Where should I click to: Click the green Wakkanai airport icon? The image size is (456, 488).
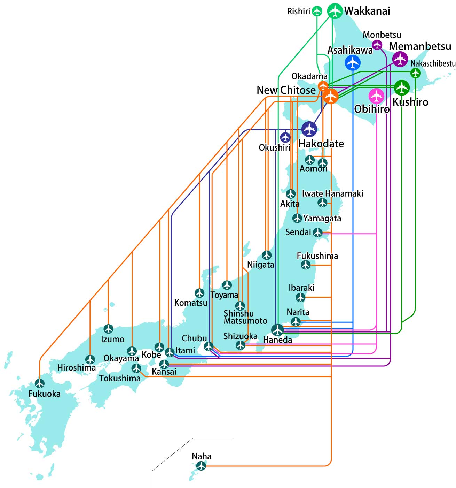click(335, 11)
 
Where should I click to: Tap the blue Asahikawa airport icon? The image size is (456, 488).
click(352, 62)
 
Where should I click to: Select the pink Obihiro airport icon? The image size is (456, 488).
click(376, 96)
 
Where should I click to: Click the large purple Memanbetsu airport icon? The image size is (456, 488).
click(400, 59)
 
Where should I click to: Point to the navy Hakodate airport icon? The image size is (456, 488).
click(309, 129)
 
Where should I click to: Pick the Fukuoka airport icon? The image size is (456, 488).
click(40, 383)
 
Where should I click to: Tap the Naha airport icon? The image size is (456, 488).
click(201, 466)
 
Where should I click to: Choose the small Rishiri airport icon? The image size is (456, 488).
click(317, 11)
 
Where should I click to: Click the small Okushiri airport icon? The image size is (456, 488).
click(285, 137)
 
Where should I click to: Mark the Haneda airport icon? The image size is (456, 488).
click(277, 330)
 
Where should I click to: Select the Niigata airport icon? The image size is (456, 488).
click(267, 255)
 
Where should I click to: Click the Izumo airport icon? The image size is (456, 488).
click(108, 329)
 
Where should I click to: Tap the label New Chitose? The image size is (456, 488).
click(286, 90)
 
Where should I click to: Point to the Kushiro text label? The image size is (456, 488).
click(410, 102)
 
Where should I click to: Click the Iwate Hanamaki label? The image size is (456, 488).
click(332, 193)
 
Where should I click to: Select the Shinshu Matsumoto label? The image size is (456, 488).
click(245, 317)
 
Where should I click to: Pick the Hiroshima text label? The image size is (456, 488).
click(76, 368)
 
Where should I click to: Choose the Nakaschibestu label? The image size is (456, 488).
click(433, 63)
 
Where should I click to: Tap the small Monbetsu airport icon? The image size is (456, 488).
click(377, 45)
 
